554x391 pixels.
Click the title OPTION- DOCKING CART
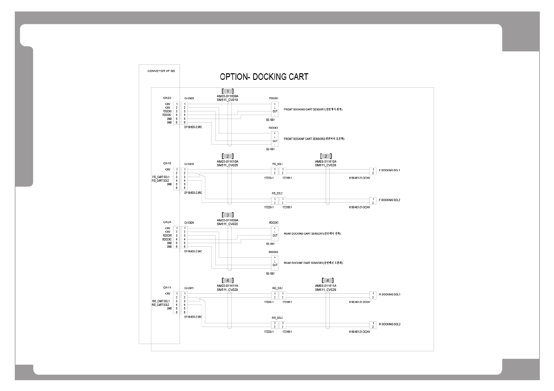coord(264,77)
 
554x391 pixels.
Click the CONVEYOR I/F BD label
coord(161,71)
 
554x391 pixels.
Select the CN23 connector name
coord(167,98)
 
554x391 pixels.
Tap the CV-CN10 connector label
coord(189,164)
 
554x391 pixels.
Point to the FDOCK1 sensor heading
coord(274,98)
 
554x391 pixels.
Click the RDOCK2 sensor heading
coord(273,252)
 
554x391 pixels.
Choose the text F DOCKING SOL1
coord(390,170)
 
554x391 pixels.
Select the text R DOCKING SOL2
coord(390,324)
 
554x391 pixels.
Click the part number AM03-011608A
coord(227,96)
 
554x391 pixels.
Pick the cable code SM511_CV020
coord(227,224)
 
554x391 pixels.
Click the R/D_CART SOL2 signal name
coord(161,305)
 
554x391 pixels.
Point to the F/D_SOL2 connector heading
coord(277,194)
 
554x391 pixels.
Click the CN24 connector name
coord(167,222)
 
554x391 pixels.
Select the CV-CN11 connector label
coord(189,288)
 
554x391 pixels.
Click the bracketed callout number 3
coord(228,215)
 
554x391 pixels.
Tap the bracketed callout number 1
coord(228,91)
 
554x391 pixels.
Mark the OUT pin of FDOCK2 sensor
coord(275,141)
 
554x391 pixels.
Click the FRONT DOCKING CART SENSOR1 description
coord(313,109)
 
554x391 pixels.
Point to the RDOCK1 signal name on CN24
coord(167,236)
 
